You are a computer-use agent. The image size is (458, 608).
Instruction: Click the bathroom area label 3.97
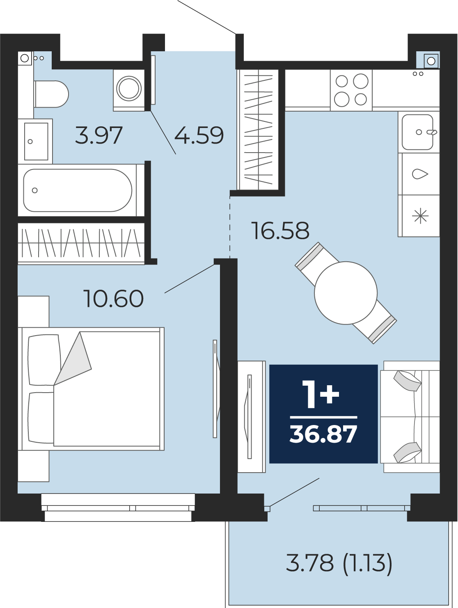pyautogui.click(x=98, y=135)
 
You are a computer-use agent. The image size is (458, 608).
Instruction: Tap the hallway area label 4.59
pyautogui.click(x=199, y=135)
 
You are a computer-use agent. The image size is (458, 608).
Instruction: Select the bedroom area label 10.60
pyautogui.click(x=113, y=299)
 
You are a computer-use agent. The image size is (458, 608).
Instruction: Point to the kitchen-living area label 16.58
pyautogui.click(x=280, y=231)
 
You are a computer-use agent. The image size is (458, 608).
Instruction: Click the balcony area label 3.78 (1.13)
pyautogui.click(x=339, y=563)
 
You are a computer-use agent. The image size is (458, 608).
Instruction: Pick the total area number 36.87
pyautogui.click(x=323, y=434)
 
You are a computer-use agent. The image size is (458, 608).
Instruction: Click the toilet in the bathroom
pyautogui.click(x=51, y=94)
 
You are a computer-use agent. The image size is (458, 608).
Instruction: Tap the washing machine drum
pyautogui.click(x=129, y=89)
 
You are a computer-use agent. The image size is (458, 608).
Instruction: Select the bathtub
pyautogui.click(x=78, y=190)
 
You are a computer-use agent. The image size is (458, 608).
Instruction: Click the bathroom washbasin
pyautogui.click(x=36, y=141)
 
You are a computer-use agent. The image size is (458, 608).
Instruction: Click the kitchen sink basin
pyautogui.click(x=417, y=132)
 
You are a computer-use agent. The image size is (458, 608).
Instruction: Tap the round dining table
pyautogui.click(x=346, y=293)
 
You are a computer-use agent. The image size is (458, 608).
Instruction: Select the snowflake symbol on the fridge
pyautogui.click(x=420, y=216)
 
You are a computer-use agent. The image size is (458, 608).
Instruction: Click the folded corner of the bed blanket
pyautogui.click(x=73, y=358)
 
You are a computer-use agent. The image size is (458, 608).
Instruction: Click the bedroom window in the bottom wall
pyautogui.click(x=118, y=508)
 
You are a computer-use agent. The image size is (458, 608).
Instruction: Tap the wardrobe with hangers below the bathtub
pyautogui.click(x=81, y=243)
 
